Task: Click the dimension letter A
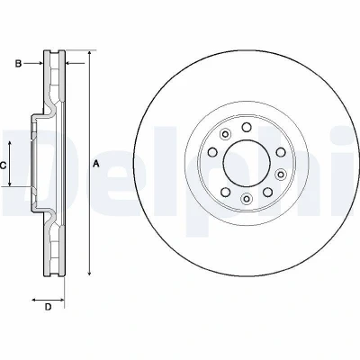coord(96,164)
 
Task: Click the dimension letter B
coord(18,63)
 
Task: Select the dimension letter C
coord(3,165)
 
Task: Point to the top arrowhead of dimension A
coord(89,53)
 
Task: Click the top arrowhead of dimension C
coord(10,144)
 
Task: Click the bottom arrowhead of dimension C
coord(10,183)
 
